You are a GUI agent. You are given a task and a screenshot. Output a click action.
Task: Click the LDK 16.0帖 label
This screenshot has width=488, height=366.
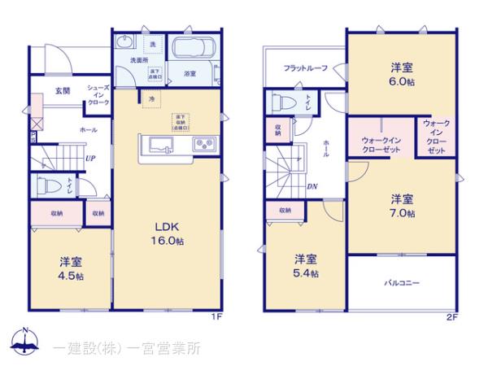click(168, 233)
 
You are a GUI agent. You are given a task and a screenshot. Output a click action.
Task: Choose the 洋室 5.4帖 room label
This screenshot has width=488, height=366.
click(306, 266)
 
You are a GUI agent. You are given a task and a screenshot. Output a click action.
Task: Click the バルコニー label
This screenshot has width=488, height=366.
click(402, 283)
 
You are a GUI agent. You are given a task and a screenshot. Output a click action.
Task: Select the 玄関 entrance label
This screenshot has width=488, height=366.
click(63, 90)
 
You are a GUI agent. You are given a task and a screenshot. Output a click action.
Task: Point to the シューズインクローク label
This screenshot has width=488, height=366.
click(98, 96)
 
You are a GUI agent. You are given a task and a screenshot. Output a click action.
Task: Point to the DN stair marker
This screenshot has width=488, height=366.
click(312, 186)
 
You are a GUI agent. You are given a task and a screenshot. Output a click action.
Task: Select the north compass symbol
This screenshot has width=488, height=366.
click(26, 342)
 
